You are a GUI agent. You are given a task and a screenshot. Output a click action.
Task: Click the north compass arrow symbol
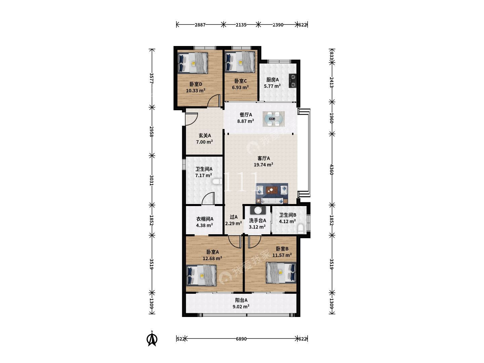[152, 340]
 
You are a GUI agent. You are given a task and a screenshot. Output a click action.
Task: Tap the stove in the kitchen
[293, 80]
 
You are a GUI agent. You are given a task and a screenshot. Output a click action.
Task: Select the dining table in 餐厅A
[273, 119]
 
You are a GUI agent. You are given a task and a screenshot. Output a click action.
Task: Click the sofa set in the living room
[272, 193]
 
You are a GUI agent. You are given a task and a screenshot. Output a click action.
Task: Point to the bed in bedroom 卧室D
[193, 63]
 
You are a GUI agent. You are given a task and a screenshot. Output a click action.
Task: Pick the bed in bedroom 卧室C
[240, 62]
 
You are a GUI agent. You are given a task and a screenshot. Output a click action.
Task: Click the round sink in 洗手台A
[258, 210]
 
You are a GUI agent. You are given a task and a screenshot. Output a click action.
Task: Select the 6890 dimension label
[241, 339]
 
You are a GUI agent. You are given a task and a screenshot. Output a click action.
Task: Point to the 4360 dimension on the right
[331, 169]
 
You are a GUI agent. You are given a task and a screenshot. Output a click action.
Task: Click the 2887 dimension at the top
[200, 25]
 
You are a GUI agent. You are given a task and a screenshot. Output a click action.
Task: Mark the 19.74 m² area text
[264, 165]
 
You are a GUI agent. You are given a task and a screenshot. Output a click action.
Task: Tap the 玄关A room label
[205, 135]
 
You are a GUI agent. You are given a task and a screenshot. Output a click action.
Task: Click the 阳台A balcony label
[241, 300]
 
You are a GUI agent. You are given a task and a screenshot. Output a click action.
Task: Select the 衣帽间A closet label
[205, 219]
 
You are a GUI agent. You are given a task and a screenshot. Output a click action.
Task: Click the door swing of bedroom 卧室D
[214, 101]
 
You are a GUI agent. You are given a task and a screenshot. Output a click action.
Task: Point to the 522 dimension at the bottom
[181, 339]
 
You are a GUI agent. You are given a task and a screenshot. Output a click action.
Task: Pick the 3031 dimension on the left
[152, 180]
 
